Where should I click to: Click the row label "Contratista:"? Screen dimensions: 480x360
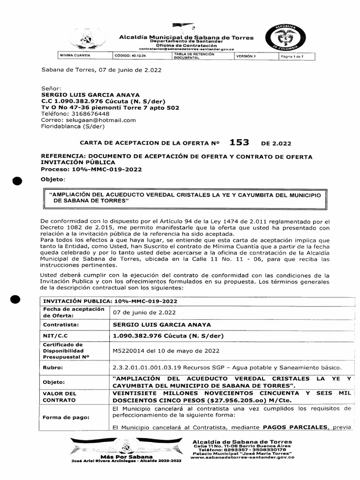[x=61, y=324]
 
